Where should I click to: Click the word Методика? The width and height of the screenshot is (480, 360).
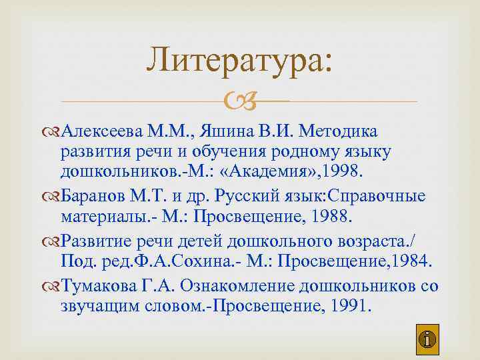point(340,129)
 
